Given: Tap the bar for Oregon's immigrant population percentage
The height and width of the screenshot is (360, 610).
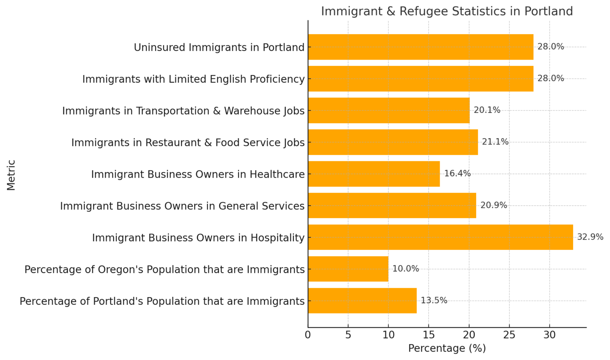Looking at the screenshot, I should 348,269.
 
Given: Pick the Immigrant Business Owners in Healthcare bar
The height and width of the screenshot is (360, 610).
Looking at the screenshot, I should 374,174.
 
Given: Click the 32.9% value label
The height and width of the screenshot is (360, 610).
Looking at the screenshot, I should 590,237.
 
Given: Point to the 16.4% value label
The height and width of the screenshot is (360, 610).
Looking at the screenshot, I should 457,174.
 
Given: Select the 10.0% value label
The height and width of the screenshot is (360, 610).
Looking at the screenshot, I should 405,269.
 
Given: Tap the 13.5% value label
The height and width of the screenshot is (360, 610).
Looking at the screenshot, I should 434,301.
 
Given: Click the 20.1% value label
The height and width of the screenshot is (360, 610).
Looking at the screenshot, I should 487,110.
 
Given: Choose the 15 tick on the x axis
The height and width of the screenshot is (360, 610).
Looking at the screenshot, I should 429,335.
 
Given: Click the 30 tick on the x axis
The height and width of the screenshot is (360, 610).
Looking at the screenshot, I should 549,335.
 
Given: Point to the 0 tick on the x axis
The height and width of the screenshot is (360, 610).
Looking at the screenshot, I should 308,335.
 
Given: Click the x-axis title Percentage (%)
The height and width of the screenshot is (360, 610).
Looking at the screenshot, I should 447,348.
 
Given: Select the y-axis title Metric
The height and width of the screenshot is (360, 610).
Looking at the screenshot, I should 11,175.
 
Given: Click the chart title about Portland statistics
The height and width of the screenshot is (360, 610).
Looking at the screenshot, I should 447,11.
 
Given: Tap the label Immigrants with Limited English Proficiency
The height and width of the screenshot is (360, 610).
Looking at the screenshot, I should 193,79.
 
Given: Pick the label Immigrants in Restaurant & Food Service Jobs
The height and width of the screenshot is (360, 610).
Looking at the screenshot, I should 188,142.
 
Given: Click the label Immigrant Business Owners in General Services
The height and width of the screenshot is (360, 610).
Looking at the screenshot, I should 182,206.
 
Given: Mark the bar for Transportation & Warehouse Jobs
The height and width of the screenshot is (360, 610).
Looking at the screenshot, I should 388,110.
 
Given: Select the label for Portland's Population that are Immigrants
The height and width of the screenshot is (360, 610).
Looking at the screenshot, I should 162,301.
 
